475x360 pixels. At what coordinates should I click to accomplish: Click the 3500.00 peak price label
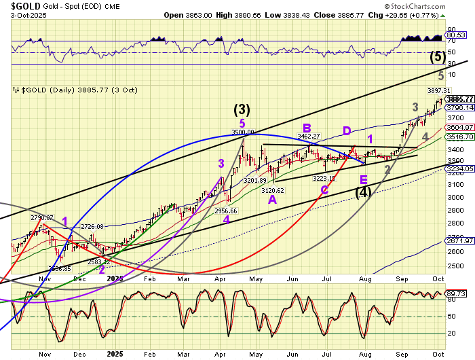242,132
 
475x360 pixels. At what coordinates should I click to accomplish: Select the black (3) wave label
242,109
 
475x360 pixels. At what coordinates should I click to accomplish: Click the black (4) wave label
364,192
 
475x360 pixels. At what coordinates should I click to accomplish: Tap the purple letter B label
307,128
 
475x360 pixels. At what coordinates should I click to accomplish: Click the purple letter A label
272,200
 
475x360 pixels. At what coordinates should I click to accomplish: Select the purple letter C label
324,190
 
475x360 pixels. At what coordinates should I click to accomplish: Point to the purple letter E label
364,179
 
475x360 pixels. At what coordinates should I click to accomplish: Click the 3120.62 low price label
272,191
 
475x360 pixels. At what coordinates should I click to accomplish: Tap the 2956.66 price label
226,211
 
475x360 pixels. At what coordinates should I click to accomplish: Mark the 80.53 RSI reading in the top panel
459,35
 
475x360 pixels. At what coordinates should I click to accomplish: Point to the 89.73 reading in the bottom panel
459,293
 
